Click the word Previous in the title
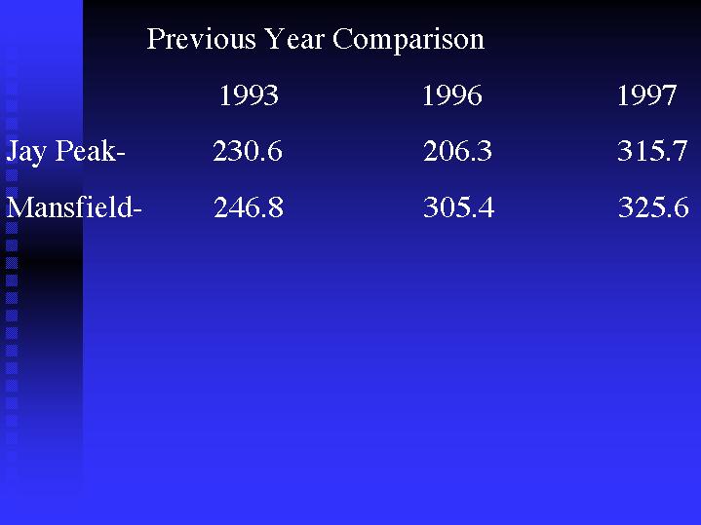pyautogui.click(x=202, y=38)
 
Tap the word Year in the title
pyautogui.click(x=294, y=38)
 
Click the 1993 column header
pyautogui.click(x=249, y=95)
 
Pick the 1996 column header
pyautogui.click(x=452, y=95)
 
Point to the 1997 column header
pyautogui.click(x=646, y=95)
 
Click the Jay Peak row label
pyautogui.click(x=65, y=152)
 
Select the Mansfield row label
pyautogui.click(x=74, y=207)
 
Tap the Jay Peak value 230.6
pyautogui.click(x=248, y=151)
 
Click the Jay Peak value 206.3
pyautogui.click(x=457, y=151)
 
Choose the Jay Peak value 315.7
pyautogui.click(x=652, y=151)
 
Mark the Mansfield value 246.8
pyautogui.click(x=249, y=207)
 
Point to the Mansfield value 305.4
pyautogui.click(x=458, y=207)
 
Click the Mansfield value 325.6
pyautogui.click(x=653, y=207)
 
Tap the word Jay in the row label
pyautogui.click(x=26, y=153)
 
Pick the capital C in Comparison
pyautogui.click(x=342, y=39)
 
